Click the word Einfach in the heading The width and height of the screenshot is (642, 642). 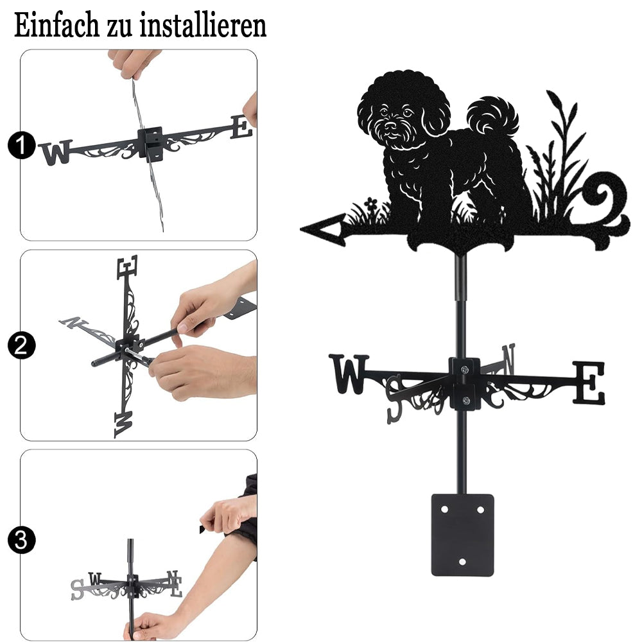(56, 25)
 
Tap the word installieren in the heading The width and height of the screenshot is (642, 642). (203, 25)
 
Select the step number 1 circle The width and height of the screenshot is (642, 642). (22, 145)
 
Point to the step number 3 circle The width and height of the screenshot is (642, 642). (22, 540)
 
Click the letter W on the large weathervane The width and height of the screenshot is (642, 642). (349, 374)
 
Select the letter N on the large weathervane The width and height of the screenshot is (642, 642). (508, 359)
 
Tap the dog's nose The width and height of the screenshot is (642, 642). (392, 125)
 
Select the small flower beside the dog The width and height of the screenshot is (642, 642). (371, 204)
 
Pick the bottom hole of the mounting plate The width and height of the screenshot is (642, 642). (462, 561)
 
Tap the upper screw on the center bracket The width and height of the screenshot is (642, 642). (464, 370)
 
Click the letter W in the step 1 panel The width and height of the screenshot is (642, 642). (56, 152)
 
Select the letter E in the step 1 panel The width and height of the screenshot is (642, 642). (241, 127)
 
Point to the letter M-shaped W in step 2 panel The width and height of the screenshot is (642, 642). (123, 424)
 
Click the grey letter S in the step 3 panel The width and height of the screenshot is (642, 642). (77, 590)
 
